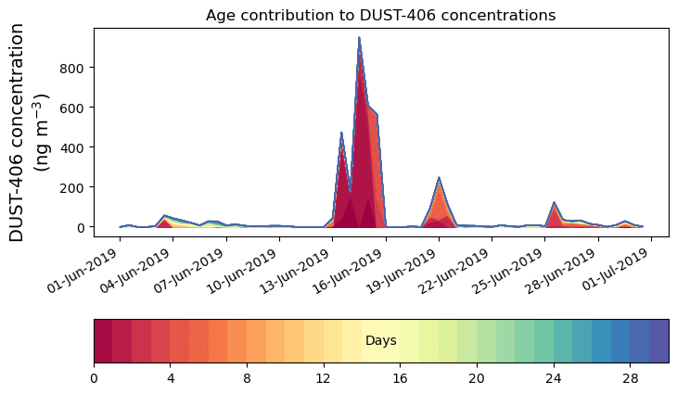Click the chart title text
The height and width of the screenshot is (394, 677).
[380, 15]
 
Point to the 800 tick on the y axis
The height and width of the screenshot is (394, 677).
[73, 68]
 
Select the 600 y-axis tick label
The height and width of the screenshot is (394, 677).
[73, 108]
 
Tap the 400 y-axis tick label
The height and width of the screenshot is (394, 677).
[73, 147]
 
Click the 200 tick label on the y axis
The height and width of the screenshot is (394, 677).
[73, 187]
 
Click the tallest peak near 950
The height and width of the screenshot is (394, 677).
[359, 38]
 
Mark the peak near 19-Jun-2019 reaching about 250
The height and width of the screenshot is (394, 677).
[439, 178]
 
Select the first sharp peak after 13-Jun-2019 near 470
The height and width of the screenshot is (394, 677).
[341, 133]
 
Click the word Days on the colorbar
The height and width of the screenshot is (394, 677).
[381, 341]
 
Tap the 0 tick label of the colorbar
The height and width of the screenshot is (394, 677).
[94, 379]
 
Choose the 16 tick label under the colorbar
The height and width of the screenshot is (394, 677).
[401, 379]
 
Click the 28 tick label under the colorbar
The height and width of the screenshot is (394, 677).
[631, 379]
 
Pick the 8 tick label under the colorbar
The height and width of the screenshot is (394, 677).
[248, 379]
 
